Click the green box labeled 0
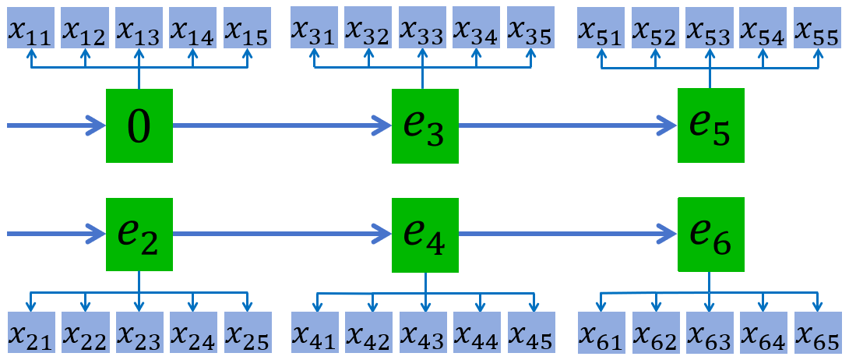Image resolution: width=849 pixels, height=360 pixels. pos(139,126)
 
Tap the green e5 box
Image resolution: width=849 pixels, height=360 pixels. pos(710,125)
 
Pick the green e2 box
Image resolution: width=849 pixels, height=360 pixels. pos(139,235)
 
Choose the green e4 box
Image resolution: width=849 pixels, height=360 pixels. pos(424,235)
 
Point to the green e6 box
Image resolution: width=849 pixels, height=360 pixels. pos(710,235)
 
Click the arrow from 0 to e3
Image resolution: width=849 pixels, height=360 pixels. pos(280,125)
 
